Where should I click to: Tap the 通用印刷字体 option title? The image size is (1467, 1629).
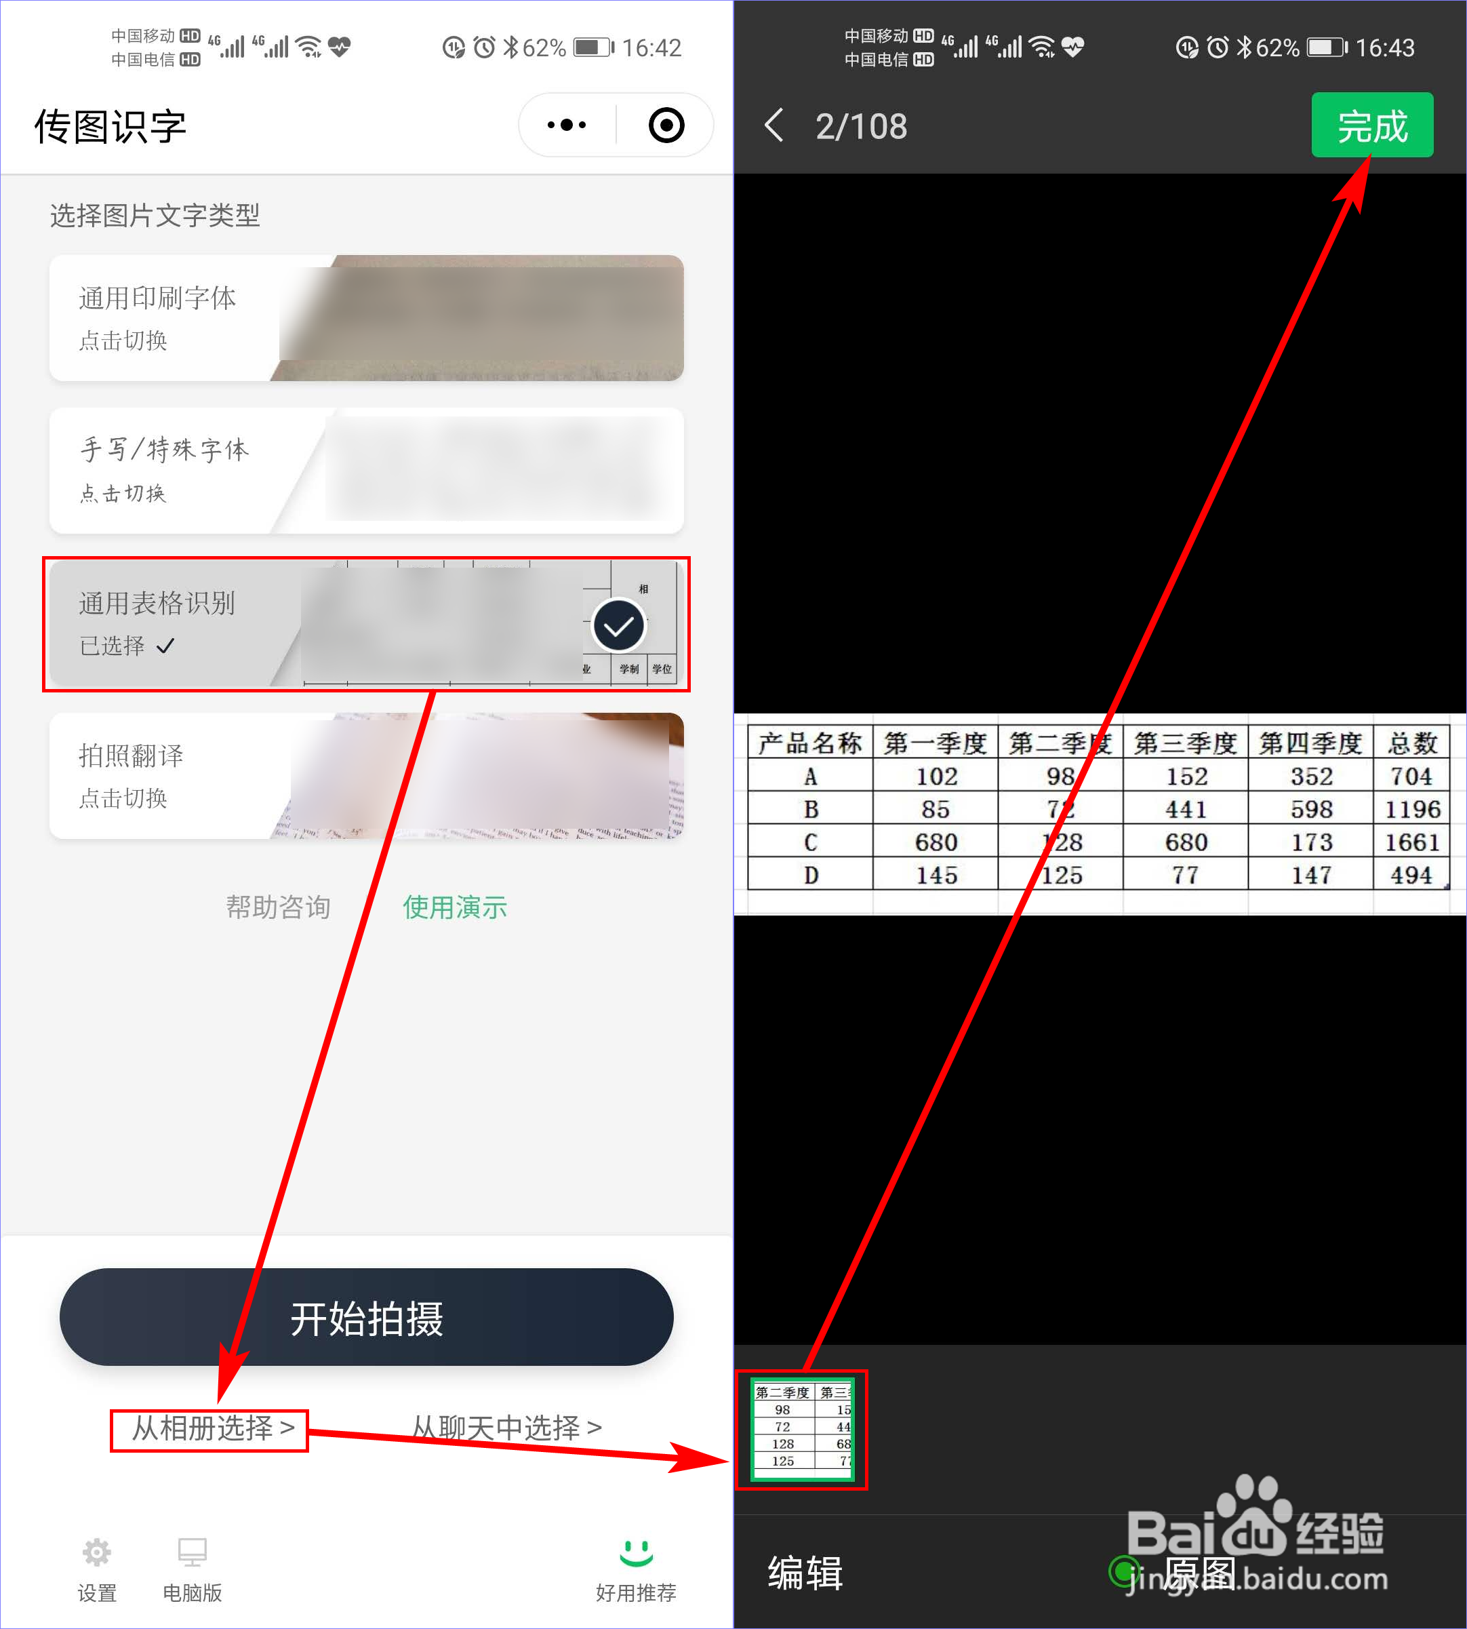pos(157,298)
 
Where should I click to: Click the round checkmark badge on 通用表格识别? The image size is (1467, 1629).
pos(618,626)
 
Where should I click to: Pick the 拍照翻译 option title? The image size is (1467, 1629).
pos(131,755)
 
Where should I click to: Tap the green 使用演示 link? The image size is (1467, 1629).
pos(455,907)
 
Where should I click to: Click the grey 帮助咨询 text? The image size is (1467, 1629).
pos(278,907)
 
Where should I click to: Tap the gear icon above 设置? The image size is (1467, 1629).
pos(97,1551)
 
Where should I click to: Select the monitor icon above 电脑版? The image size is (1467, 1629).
pos(192,1551)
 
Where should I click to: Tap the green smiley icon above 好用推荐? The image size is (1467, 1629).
pos(636,1551)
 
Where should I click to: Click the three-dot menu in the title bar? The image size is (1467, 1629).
pos(567,125)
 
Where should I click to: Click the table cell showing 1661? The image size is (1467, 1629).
pos(1411,842)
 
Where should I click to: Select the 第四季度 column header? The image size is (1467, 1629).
pos(1310,743)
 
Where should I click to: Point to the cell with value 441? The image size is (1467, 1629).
pos(1186,809)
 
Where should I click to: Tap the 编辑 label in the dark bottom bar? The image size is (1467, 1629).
pos(805,1573)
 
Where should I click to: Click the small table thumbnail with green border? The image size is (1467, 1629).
pos(802,1429)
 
